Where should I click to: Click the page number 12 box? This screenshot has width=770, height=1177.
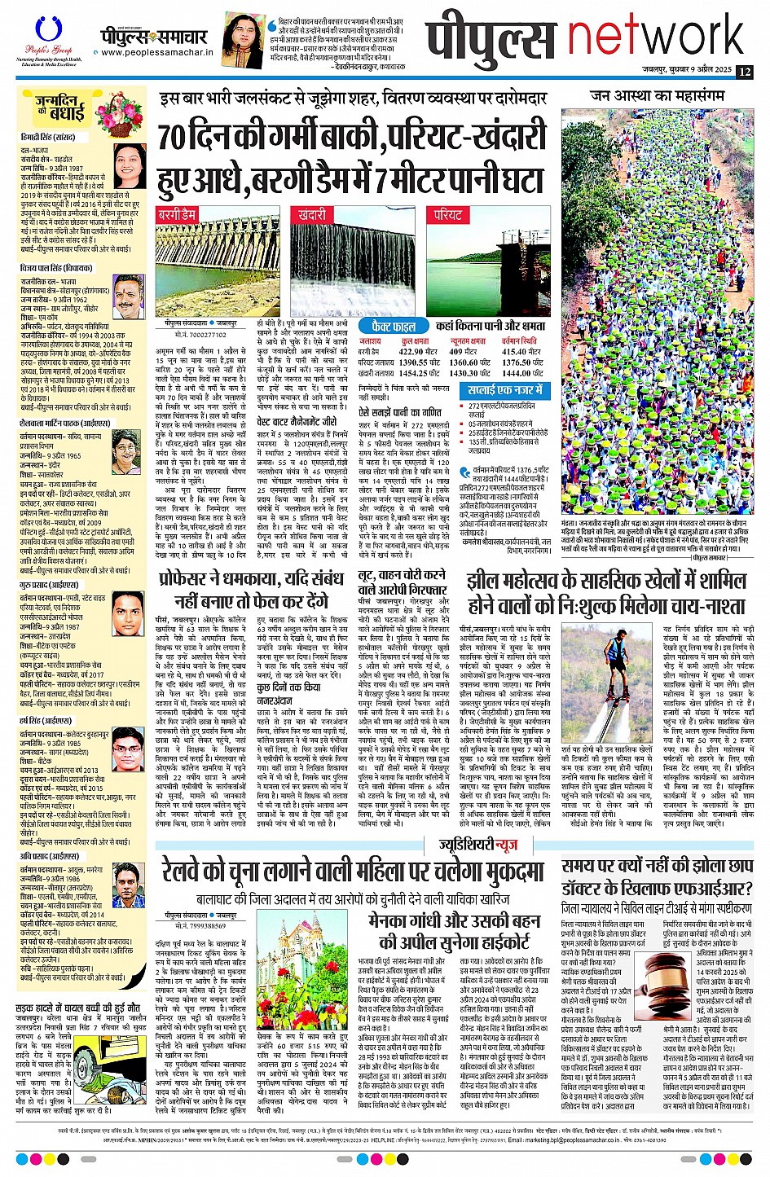tap(743, 72)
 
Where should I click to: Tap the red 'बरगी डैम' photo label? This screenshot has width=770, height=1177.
tap(177, 216)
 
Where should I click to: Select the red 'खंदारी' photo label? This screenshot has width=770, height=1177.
tap(312, 216)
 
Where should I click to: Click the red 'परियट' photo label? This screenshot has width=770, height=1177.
tap(447, 216)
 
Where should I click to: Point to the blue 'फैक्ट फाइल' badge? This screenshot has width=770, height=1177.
tap(393, 326)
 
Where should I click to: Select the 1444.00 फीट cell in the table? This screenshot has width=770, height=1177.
tap(521, 373)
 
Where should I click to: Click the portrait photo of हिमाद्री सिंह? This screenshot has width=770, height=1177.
tap(130, 164)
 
